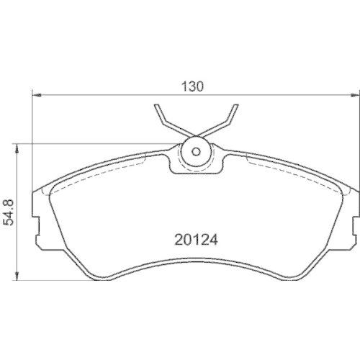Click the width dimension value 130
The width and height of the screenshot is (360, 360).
(194, 86)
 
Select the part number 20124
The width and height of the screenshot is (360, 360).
(196, 236)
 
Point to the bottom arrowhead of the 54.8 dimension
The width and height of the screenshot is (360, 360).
(18, 276)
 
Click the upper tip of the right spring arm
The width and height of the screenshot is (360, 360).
(234, 106)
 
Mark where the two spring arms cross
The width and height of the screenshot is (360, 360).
(195, 132)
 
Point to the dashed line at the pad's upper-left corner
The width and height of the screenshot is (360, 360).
(50, 191)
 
